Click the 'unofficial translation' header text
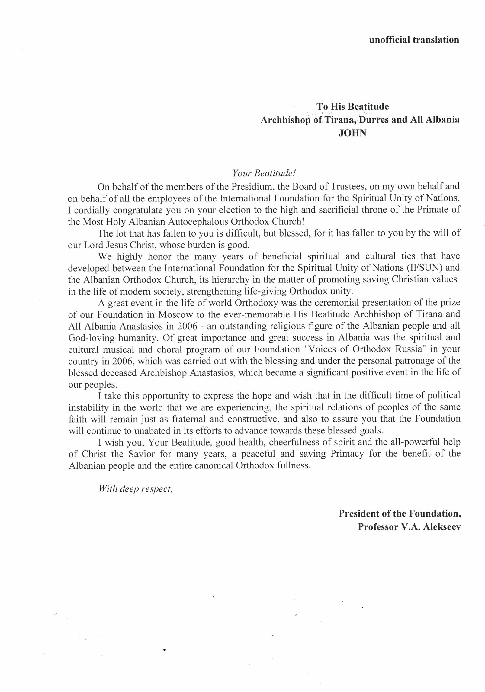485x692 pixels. click(414, 40)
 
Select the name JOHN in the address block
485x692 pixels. click(352, 133)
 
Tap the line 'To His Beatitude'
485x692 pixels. click(352, 106)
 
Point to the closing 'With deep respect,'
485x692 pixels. click(135, 489)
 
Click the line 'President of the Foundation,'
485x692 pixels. click(399, 513)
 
